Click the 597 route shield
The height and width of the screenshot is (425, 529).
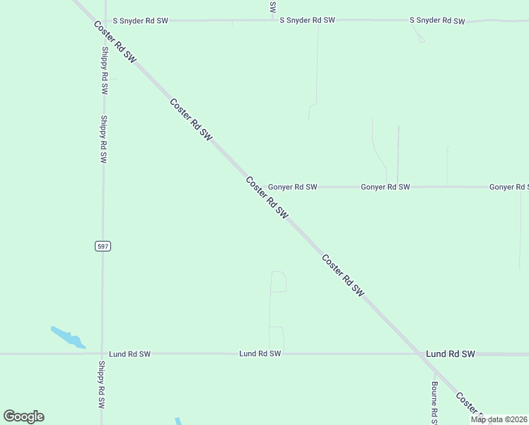click(103, 246)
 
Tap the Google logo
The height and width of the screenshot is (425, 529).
click(23, 416)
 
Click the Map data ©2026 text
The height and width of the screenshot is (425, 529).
click(499, 419)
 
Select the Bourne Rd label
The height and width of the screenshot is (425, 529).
click(436, 403)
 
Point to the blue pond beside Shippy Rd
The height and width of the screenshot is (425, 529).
click(68, 337)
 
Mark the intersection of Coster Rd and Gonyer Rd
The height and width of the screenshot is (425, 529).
click(257, 187)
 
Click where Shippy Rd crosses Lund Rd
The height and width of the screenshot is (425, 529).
click(103, 353)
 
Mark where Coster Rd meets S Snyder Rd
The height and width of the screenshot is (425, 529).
click(91, 21)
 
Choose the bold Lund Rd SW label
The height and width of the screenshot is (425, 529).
click(450, 353)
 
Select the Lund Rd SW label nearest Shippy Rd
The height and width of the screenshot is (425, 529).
click(129, 353)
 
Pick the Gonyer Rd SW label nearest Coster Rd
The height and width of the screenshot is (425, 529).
click(292, 187)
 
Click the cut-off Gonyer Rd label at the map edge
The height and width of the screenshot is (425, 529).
click(508, 187)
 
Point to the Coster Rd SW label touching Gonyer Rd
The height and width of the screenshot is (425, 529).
click(267, 198)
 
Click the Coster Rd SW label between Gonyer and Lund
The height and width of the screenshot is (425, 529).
click(343, 275)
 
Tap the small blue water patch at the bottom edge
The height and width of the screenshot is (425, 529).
click(178, 421)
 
